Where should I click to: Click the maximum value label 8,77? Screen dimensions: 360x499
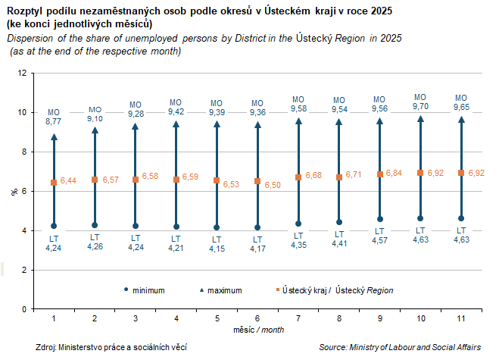(x=53, y=121)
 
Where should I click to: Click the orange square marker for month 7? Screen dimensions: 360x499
(x=298, y=177)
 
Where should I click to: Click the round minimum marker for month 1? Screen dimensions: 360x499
(x=54, y=226)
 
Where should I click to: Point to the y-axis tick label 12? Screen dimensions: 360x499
(x=22, y=73)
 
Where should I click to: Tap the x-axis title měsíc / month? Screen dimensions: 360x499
(x=257, y=331)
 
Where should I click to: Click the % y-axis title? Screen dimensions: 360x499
(x=14, y=192)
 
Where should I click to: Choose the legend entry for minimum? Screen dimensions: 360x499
(x=148, y=290)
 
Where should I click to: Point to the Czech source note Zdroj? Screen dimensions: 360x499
(x=111, y=347)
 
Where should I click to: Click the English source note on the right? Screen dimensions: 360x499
(x=399, y=347)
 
